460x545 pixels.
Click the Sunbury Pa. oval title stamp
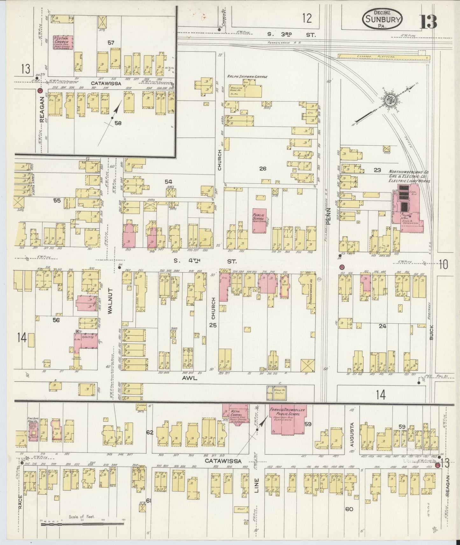[x=382, y=19]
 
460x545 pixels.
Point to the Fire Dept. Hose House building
[x=33, y=430]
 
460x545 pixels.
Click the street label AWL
[x=190, y=378]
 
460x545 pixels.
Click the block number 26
[x=262, y=169]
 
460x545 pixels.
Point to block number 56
[x=56, y=320]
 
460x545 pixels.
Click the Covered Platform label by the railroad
[x=380, y=57]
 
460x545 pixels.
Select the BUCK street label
[x=431, y=332]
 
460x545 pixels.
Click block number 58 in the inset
[x=118, y=123]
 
